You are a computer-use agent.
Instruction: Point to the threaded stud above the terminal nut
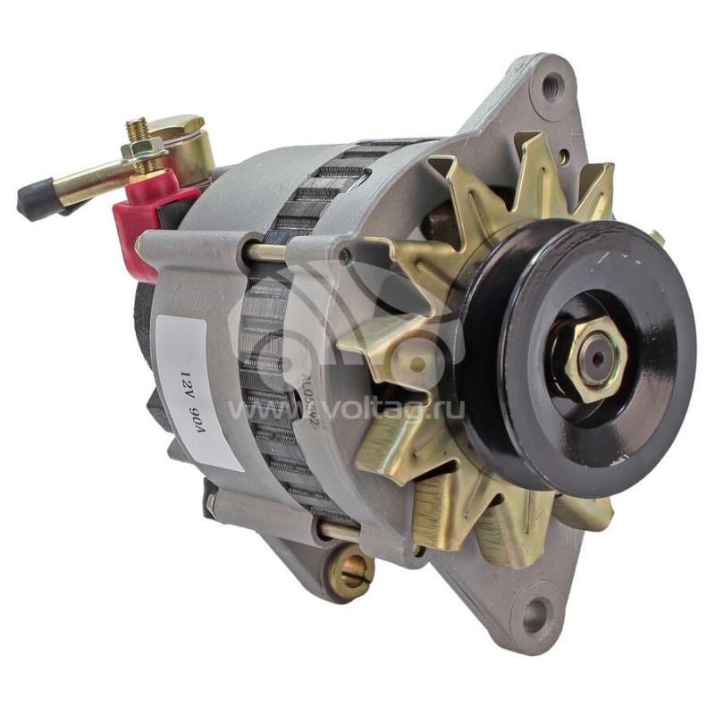click(137, 130)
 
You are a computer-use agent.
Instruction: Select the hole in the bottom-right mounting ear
click(534, 614)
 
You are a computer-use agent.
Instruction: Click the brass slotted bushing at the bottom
click(350, 572)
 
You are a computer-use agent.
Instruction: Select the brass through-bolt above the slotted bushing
click(340, 533)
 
